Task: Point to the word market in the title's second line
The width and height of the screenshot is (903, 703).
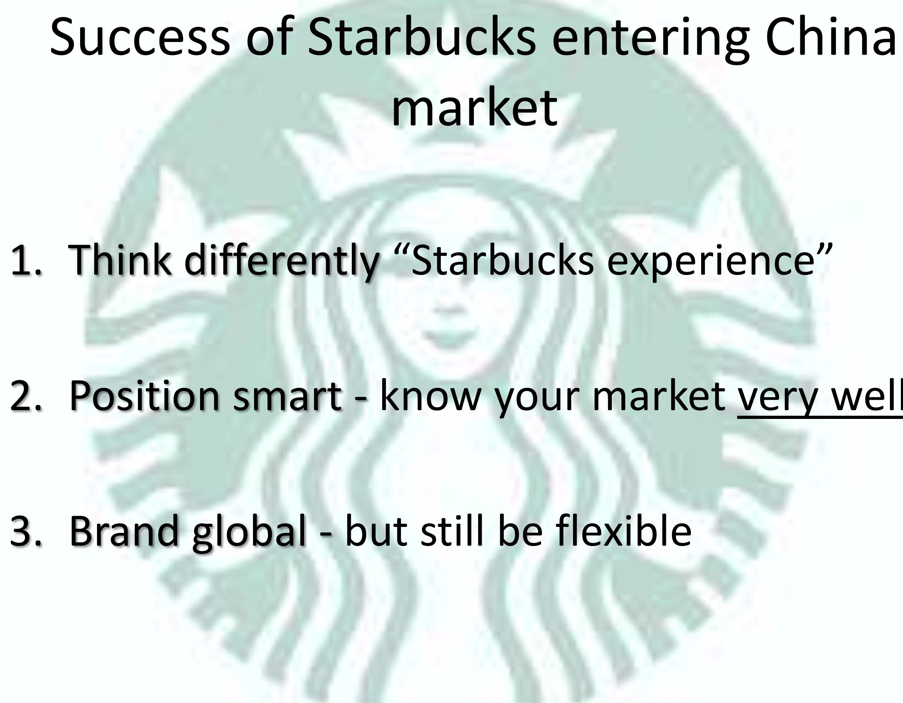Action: pyautogui.click(x=474, y=108)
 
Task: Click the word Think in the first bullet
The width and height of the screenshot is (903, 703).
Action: pyautogui.click(x=120, y=260)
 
